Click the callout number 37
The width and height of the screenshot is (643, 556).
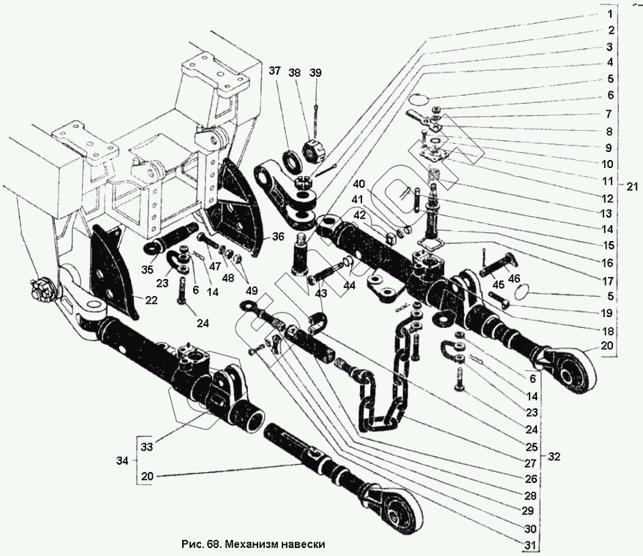(274, 72)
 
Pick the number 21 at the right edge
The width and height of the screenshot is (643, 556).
(632, 187)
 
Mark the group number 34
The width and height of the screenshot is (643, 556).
(123, 461)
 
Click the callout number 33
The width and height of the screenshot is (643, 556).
(146, 447)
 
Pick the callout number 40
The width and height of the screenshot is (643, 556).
(360, 184)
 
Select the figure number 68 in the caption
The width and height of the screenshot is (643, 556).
(211, 544)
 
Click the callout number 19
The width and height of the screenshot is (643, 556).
(608, 313)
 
